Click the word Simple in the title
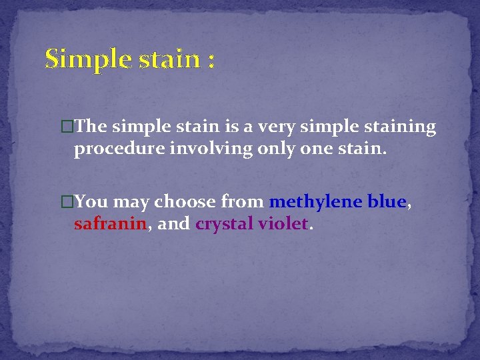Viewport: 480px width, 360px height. [x=85, y=60]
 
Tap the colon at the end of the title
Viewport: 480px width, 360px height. [x=211, y=62]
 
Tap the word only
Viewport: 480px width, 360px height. [x=261, y=149]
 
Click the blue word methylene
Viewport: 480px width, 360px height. [x=313, y=201]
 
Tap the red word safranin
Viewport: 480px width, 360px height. [x=110, y=224]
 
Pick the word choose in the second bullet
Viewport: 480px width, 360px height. [x=185, y=201]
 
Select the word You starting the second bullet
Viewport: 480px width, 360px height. [x=93, y=201]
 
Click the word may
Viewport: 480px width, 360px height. [x=133, y=201]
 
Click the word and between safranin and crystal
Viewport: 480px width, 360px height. [x=173, y=224]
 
